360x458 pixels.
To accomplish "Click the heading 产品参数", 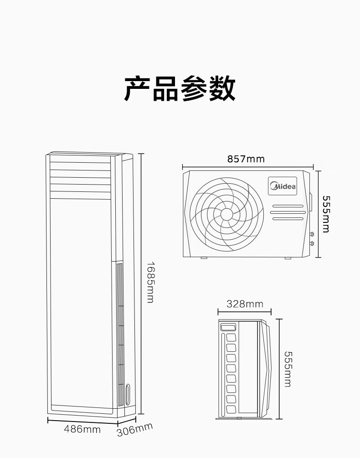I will (x=180, y=89).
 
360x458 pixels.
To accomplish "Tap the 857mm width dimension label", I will (x=246, y=159).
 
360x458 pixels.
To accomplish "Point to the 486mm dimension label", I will (x=82, y=429).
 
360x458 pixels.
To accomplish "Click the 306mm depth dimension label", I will (x=134, y=429).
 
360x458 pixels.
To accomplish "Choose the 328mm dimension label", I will (x=245, y=304).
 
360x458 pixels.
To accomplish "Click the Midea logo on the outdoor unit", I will (x=283, y=186).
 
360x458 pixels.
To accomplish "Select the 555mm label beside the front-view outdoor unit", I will (x=325, y=214).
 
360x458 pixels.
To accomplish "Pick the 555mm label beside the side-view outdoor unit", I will (x=288, y=369).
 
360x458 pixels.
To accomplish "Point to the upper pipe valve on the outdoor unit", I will (x=313, y=234).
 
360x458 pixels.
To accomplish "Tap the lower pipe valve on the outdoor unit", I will (x=313, y=242).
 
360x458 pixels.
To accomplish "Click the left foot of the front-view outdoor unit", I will (x=204, y=258).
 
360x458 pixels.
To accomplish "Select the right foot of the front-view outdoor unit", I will (x=288, y=258).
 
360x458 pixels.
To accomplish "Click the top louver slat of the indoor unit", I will (x=80, y=160).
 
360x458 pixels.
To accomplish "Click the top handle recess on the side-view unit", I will (x=228, y=327).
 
